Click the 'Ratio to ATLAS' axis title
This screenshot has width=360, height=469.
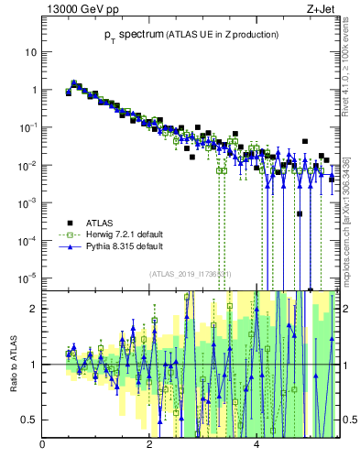coord(12,364)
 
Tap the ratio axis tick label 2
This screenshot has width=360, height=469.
coord(33,309)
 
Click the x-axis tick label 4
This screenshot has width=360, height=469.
coord(256,446)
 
